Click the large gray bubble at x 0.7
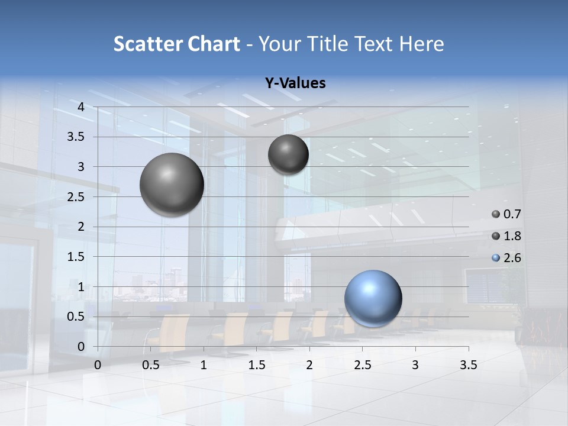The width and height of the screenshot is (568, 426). click(x=172, y=185)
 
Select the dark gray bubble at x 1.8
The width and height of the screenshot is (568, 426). click(x=288, y=154)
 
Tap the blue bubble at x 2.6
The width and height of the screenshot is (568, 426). click(x=373, y=298)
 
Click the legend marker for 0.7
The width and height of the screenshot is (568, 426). click(x=496, y=214)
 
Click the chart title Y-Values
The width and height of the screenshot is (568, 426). click(x=295, y=83)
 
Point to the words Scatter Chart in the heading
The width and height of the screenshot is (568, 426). click(x=177, y=44)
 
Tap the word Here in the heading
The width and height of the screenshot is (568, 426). click(x=421, y=44)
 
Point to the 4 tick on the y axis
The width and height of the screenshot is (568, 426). click(x=82, y=107)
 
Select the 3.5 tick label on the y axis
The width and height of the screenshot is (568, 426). click(x=76, y=137)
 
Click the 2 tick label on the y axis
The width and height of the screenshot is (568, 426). click(x=82, y=227)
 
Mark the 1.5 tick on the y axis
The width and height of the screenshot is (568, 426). click(x=76, y=257)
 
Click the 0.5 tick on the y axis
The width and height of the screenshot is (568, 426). click(x=76, y=317)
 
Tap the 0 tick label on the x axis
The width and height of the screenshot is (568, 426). click(x=98, y=365)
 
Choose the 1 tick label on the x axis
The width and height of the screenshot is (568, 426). click(x=204, y=365)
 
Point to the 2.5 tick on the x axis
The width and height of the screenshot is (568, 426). click(x=362, y=365)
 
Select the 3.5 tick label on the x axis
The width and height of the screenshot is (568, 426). click(x=468, y=365)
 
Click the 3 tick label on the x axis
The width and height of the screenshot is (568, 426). click(x=415, y=365)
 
